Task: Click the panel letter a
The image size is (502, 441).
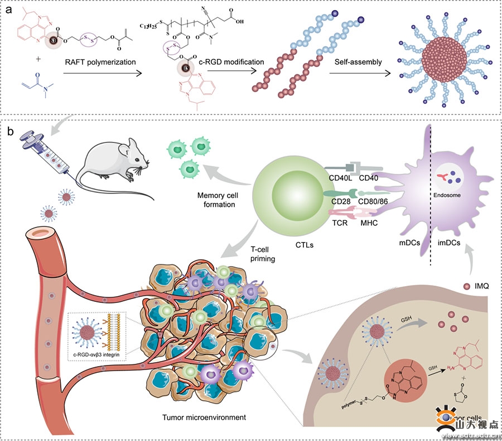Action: (x=9, y=10)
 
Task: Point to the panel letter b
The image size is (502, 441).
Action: (x=9, y=132)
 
